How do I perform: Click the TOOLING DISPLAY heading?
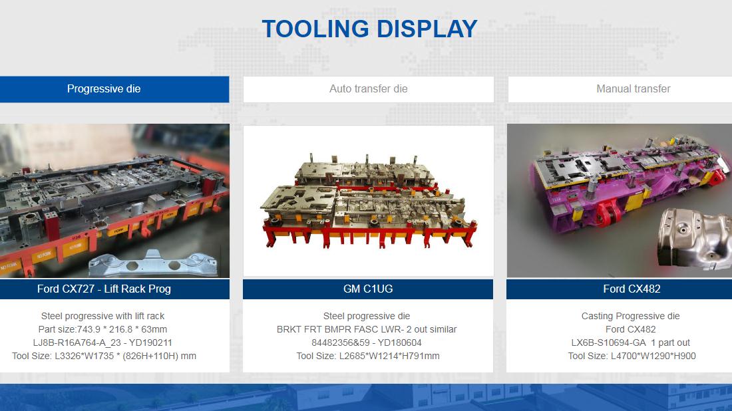(x=369, y=29)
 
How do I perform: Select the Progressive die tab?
(x=114, y=89)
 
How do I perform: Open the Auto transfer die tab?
(x=369, y=89)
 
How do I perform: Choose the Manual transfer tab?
(x=620, y=89)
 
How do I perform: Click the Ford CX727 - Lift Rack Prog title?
(x=104, y=289)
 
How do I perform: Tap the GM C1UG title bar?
(x=368, y=289)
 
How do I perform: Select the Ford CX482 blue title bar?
(x=619, y=289)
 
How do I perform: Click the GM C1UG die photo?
(x=369, y=201)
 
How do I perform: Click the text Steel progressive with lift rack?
(x=102, y=317)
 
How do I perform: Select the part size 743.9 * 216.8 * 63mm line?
(x=102, y=329)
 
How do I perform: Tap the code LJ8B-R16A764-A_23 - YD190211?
(x=102, y=343)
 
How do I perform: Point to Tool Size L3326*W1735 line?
(x=104, y=356)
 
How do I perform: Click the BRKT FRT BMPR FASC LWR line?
(x=367, y=329)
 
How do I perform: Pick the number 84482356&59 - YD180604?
(x=367, y=343)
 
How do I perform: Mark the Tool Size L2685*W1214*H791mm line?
(x=368, y=356)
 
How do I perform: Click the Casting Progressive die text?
(x=630, y=317)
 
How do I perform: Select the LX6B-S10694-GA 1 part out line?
(x=630, y=343)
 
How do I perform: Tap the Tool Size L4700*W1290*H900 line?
(x=632, y=356)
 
